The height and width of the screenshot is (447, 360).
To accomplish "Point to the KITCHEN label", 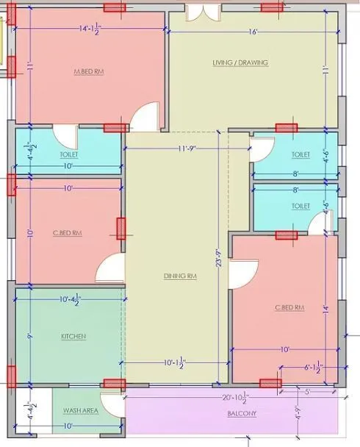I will (73, 336).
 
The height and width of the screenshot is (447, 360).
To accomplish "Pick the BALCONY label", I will (242, 413).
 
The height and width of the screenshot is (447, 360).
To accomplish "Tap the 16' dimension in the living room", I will (253, 32).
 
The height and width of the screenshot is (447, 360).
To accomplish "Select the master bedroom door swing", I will (146, 115).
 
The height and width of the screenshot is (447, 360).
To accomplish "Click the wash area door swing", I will (112, 404).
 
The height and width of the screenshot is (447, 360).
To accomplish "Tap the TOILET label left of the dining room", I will (69, 154).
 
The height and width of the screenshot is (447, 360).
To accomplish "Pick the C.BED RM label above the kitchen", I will (67, 233).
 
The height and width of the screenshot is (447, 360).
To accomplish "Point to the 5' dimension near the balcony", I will (309, 391).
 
